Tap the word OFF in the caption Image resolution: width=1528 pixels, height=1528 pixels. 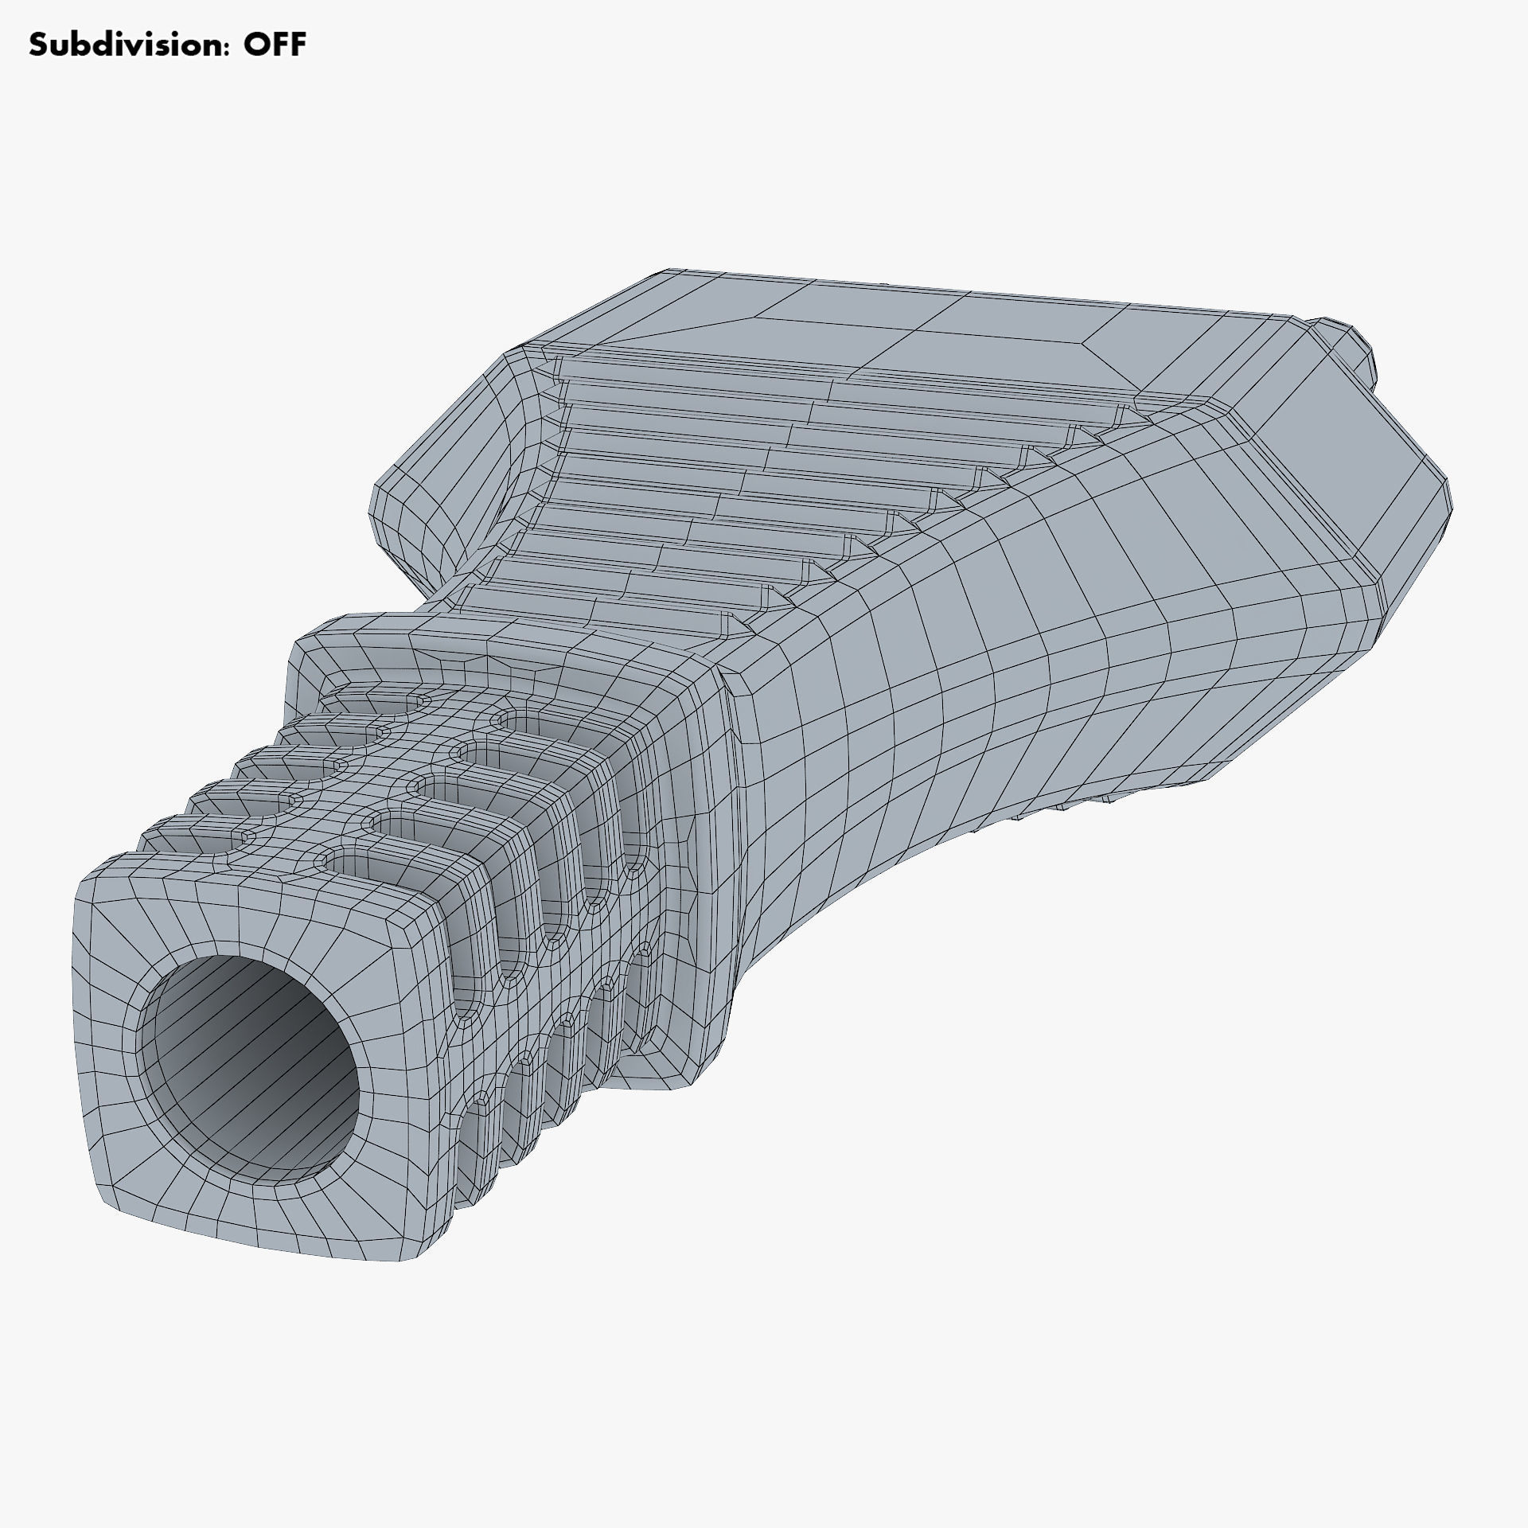(275, 45)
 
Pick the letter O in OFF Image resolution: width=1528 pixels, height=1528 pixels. (256, 45)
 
